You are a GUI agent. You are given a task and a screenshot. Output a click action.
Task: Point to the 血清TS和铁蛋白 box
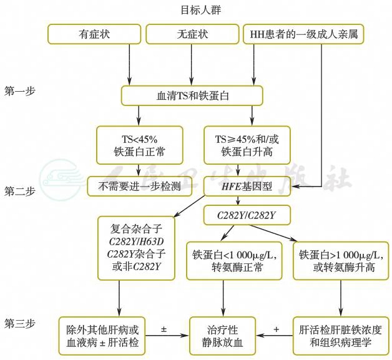tap(192, 95)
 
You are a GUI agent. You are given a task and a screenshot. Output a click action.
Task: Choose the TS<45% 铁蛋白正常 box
tap(131, 145)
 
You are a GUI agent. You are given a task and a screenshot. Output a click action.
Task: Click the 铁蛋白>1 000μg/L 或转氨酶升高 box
tap(336, 260)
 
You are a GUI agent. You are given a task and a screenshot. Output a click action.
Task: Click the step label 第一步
tap(20, 91)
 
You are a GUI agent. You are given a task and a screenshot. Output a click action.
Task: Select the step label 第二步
tap(20, 192)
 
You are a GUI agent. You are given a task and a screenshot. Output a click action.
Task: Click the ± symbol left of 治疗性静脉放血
tap(164, 328)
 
